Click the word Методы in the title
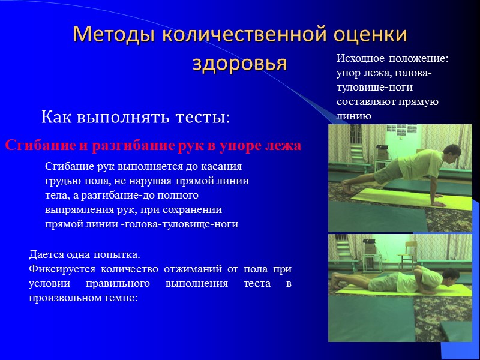click(110, 35)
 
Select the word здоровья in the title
click(239, 62)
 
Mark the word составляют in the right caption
click(365, 101)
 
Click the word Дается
click(47, 254)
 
